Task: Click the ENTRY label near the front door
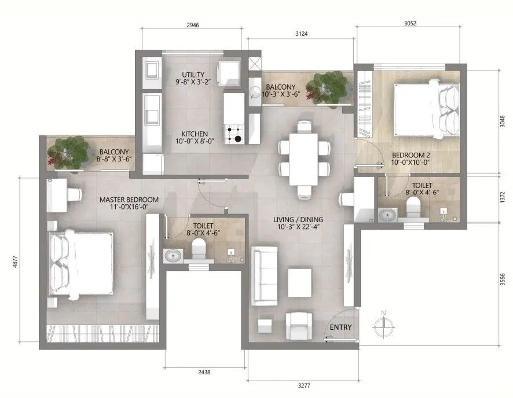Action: pyautogui.click(x=340, y=327)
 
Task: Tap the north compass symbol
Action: pyautogui.click(x=383, y=325)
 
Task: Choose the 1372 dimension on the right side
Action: pyautogui.click(x=503, y=197)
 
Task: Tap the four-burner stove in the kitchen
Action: pyautogui.click(x=234, y=134)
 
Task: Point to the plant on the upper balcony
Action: pyautogui.click(x=328, y=87)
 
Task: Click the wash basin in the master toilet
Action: pyautogui.click(x=173, y=255)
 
